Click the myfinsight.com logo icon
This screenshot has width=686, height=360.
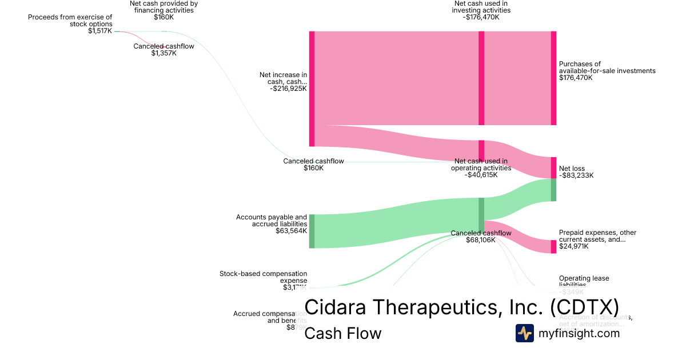pyautogui.click(x=525, y=333)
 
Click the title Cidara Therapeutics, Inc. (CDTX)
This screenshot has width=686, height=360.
pyautogui.click(x=461, y=307)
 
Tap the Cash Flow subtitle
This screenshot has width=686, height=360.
pyautogui.click(x=342, y=333)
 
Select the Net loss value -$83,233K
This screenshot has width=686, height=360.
pyautogui.click(x=576, y=175)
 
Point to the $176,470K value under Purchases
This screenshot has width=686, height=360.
pyautogui.click(x=576, y=78)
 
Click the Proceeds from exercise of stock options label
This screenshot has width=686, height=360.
pyautogui.click(x=70, y=21)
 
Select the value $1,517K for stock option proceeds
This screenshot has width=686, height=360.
pyautogui.click(x=100, y=31)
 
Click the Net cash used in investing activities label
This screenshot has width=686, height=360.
pyautogui.click(x=481, y=7)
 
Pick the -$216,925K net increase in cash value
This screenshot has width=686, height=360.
pyautogui.click(x=288, y=89)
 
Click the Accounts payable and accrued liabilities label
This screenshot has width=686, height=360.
pyautogui.click(x=272, y=221)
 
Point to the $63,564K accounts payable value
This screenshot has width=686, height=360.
pyautogui.click(x=291, y=231)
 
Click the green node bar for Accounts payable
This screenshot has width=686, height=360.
pyautogui.click(x=312, y=231)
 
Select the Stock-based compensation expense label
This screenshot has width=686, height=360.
pyautogui.click(x=263, y=277)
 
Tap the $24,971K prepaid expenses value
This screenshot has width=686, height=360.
pyautogui.click(x=576, y=246)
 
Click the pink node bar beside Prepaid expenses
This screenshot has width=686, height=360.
pyautogui.click(x=553, y=246)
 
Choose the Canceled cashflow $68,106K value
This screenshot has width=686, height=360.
pyautogui.click(x=481, y=240)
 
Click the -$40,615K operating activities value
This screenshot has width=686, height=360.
pyautogui.click(x=481, y=175)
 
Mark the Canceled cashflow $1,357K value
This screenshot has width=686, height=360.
pyautogui.click(x=163, y=53)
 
